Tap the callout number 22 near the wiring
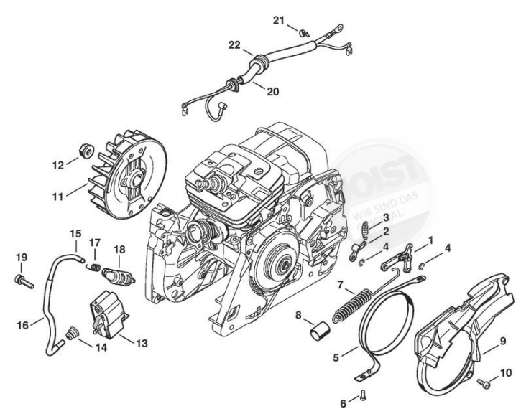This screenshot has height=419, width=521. click(234, 45)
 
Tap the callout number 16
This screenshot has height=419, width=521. click(23, 325)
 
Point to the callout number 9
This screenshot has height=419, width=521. click(502, 340)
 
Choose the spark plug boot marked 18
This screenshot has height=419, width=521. click(115, 275)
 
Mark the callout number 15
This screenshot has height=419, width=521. click(75, 233)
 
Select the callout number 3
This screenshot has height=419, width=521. click(386, 217)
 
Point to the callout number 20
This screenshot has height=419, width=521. click(253, 91)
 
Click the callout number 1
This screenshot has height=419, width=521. click(430, 238)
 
